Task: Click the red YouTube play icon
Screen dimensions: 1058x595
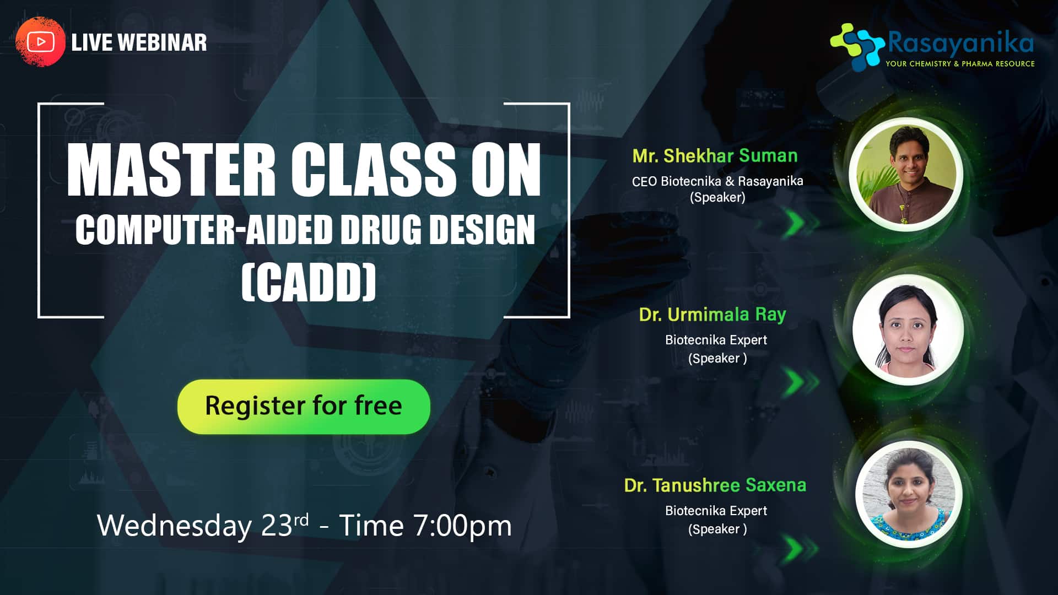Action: [40, 42]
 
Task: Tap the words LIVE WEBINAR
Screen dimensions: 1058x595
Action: [139, 42]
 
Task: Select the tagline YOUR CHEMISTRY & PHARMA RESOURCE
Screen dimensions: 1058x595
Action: [960, 64]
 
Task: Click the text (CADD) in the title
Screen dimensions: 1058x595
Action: [309, 282]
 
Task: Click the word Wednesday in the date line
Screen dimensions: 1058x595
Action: [175, 525]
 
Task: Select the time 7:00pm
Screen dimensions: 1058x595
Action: [462, 526]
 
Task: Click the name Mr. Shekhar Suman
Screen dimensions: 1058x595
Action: [715, 156]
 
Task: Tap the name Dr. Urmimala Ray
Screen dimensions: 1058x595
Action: [712, 315]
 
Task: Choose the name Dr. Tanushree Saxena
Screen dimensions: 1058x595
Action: [715, 485]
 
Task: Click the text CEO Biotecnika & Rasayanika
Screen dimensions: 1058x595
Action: [717, 181]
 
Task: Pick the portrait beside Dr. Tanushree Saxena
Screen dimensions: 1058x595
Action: [909, 494]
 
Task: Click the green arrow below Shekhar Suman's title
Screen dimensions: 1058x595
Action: [802, 223]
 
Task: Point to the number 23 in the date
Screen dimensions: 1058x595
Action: [277, 526]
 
